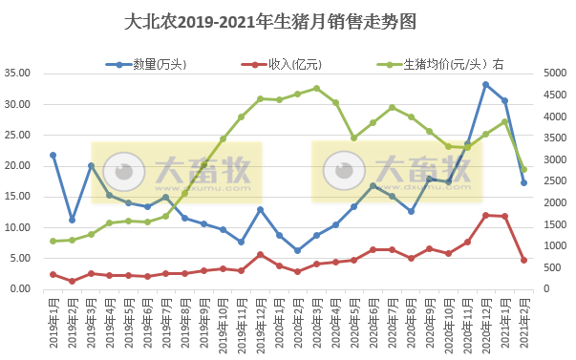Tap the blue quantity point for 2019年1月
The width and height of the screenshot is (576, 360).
tap(53, 155)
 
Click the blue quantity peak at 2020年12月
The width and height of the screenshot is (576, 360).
tap(486, 84)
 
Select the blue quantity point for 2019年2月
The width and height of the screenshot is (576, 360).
tap(72, 220)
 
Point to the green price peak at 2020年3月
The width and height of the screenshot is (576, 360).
tap(316, 89)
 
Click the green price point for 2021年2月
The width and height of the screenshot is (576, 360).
tap(523, 169)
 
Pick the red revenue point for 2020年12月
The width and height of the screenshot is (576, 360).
tap(486, 215)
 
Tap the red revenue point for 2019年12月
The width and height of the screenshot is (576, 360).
tap(260, 255)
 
